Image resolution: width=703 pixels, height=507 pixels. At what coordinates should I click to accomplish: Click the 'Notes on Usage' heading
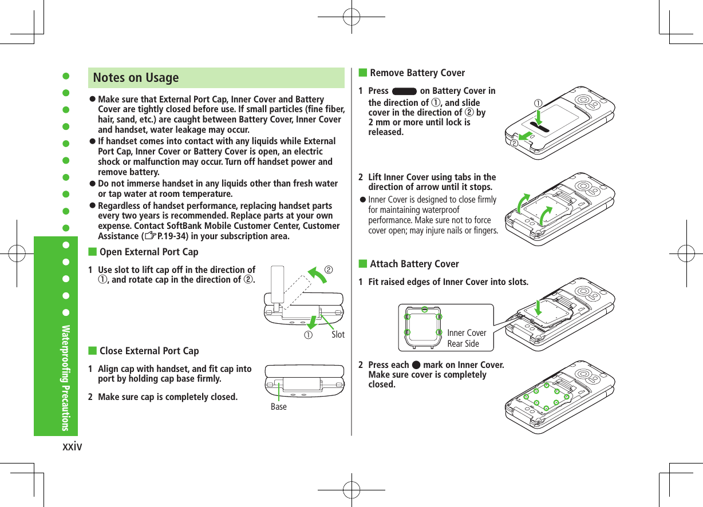pos(136,78)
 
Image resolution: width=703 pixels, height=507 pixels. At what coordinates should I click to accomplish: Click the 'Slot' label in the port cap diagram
pos(338,335)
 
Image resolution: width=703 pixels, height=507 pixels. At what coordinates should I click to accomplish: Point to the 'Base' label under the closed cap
pos(278,407)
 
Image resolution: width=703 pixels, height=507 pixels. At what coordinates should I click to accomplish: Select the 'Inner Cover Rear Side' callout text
pos(466,338)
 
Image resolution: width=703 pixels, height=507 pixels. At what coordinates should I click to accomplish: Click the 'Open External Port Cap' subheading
pos(149,252)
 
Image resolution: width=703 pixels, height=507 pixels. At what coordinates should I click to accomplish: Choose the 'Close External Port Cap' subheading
pos(149,351)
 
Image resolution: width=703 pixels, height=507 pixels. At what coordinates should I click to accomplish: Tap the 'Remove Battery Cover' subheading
pos(417,73)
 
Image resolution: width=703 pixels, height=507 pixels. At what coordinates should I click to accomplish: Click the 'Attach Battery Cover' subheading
pos(414,264)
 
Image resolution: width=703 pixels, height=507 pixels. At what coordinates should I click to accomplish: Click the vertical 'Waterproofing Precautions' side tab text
pos(66,378)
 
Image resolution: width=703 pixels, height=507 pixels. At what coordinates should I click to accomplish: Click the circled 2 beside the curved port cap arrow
pos(329,268)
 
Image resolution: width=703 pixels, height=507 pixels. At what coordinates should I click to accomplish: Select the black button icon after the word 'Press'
pos(404,92)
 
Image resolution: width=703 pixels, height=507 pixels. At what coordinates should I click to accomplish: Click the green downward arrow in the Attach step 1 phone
pos(539,307)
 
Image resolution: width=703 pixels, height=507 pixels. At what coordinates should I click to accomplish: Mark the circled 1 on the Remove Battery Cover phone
pos(539,104)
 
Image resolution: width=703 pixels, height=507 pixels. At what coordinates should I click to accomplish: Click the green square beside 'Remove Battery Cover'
pos(362,73)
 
